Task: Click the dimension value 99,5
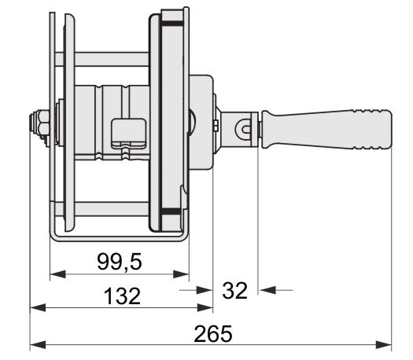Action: [x=120, y=262]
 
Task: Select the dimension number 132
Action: [x=122, y=296]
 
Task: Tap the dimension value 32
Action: [x=234, y=291]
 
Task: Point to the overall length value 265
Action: [x=213, y=334]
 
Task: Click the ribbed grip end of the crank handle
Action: [x=373, y=129]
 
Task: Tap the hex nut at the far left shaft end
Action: [x=42, y=124]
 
